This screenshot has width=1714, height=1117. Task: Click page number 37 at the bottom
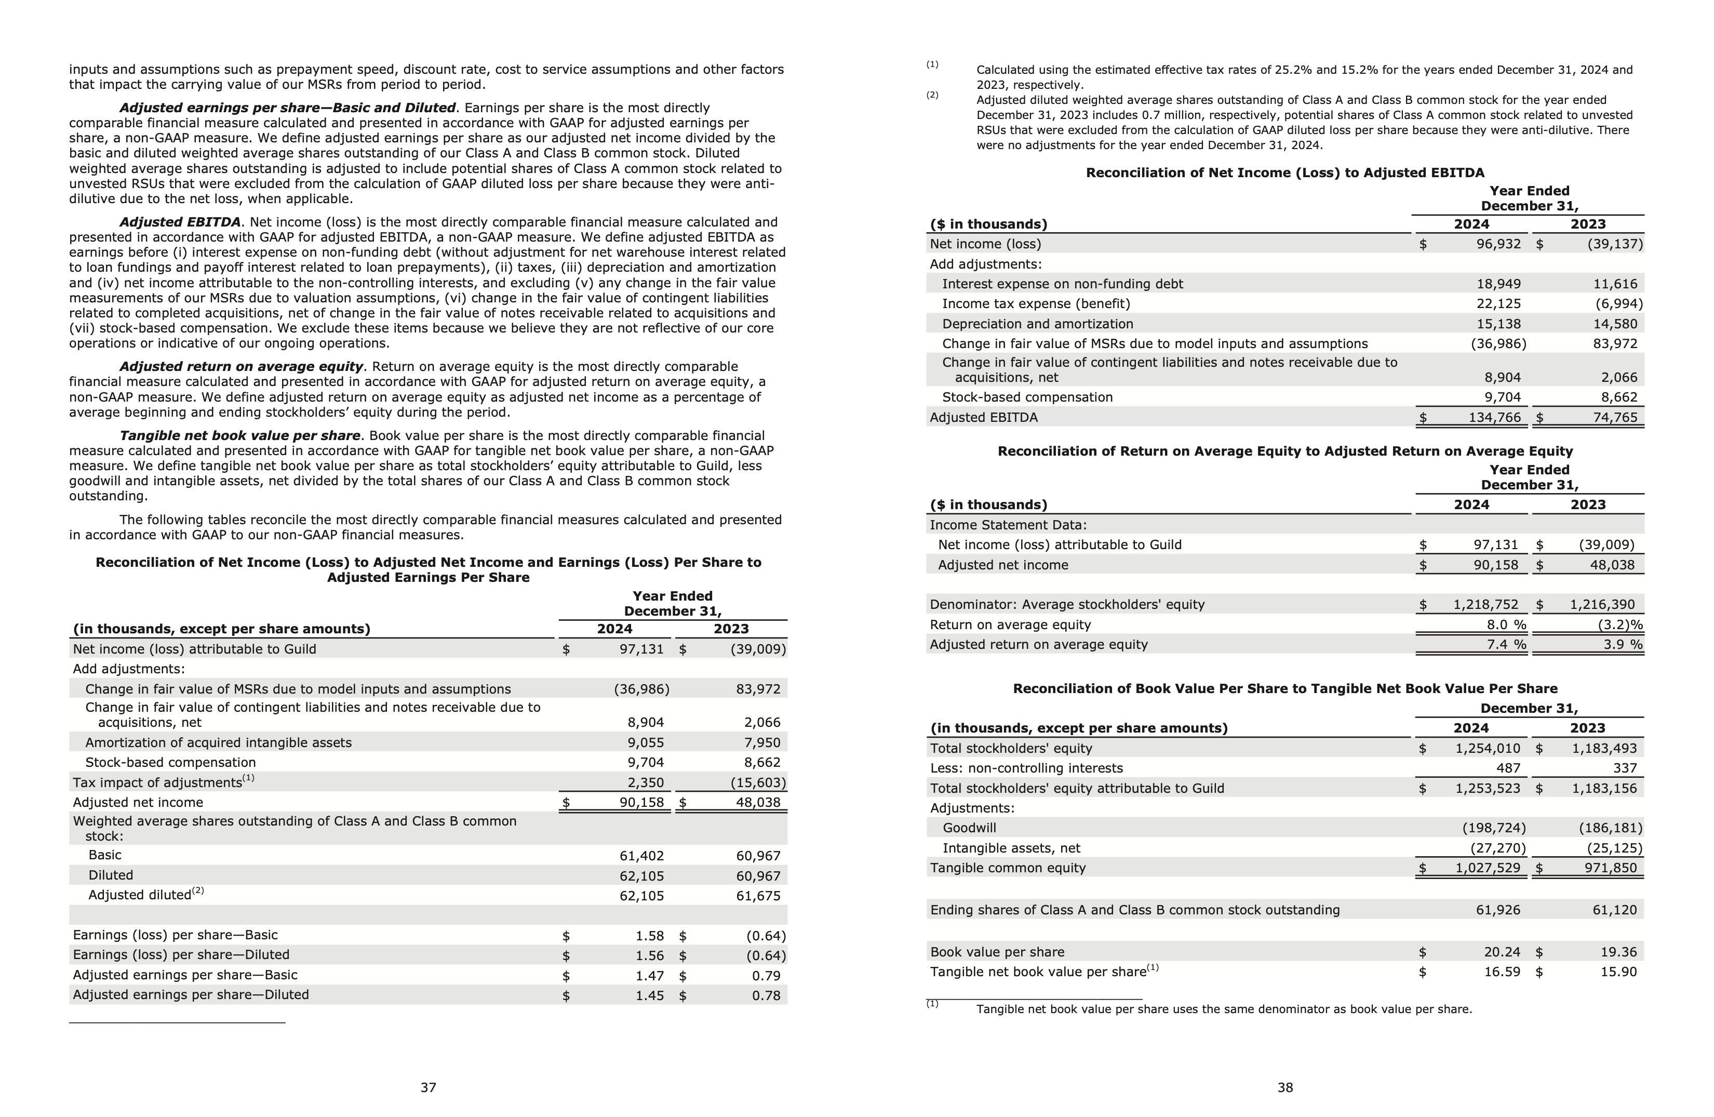click(428, 1087)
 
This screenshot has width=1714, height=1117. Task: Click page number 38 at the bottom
click(1285, 1087)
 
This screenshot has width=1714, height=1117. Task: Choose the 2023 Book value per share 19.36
click(1618, 952)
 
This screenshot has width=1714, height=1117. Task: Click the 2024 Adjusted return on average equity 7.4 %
click(1506, 645)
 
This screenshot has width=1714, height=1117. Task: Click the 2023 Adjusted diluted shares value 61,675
click(758, 896)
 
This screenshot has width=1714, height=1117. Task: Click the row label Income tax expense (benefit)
click(1036, 304)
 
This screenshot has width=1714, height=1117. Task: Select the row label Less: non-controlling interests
click(1026, 768)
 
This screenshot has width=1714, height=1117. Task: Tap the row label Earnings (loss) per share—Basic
click(175, 935)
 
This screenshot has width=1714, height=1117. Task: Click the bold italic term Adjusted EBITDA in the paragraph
click(179, 222)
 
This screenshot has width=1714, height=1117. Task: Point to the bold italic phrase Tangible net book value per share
click(240, 436)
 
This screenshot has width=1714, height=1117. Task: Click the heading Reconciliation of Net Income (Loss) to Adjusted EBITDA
click(1285, 173)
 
